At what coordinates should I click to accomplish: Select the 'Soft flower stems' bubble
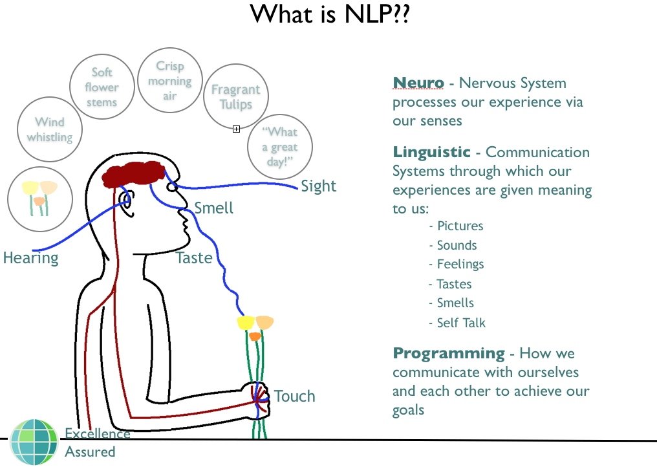coord(102,87)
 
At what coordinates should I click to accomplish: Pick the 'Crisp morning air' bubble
coord(169,81)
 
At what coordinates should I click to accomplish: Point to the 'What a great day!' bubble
coord(280,147)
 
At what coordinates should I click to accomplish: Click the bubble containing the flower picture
coord(39,198)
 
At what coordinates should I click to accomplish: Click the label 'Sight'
coord(319,186)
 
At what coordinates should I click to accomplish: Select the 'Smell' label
coord(213,208)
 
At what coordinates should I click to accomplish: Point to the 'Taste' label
coord(194,258)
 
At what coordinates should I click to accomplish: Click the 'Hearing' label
coord(30,258)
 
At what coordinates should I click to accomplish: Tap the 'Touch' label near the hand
coord(294,396)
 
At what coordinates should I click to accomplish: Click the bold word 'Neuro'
coord(418,83)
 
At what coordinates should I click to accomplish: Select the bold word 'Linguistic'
coord(431,152)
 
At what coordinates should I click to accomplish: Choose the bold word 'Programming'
coord(449,353)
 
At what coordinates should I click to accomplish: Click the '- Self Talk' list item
coord(457,323)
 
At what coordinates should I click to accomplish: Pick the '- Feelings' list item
coord(456,265)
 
